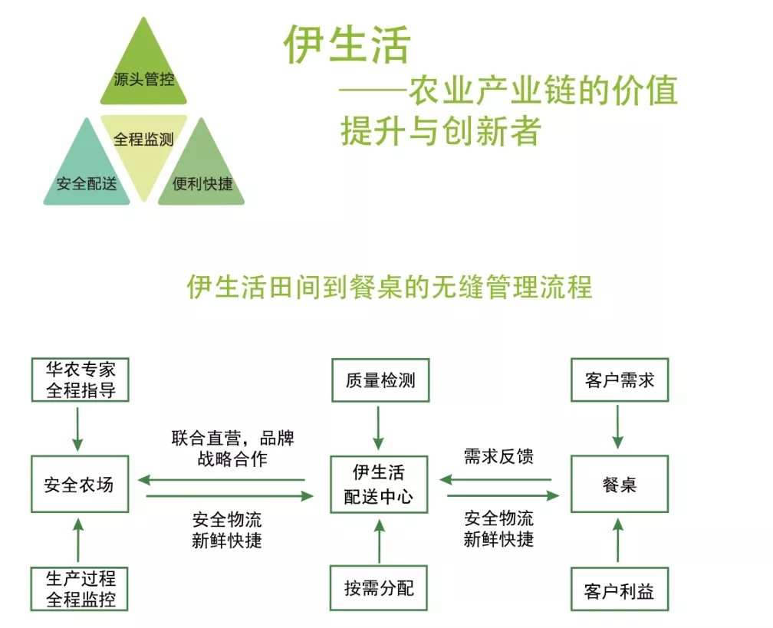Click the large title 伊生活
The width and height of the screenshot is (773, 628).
347,44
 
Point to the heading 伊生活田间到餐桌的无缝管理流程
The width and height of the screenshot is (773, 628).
390,287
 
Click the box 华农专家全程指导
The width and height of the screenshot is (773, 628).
80,379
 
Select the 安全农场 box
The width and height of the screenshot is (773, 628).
80,485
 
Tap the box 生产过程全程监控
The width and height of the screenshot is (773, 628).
80,589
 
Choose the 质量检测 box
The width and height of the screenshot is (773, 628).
380,379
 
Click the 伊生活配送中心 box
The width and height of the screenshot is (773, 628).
380,485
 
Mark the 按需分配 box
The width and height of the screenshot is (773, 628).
380,589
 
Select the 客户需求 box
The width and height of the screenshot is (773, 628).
619,379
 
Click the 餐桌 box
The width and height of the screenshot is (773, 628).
619,485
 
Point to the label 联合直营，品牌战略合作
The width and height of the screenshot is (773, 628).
232,449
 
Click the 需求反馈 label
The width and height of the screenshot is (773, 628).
498,456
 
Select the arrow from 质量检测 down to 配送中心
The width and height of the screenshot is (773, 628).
379,428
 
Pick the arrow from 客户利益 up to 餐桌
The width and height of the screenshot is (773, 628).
619,541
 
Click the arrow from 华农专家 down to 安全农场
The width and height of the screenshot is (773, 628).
78,428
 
